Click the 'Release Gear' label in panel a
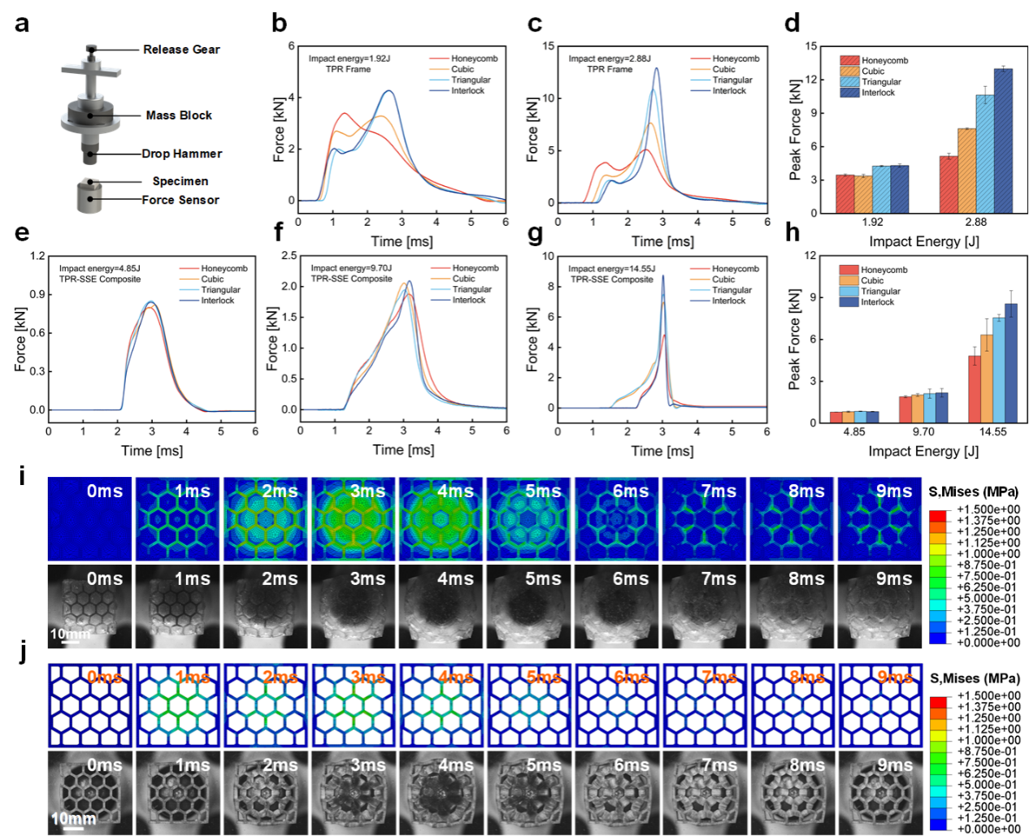click(x=181, y=50)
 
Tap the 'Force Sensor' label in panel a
click(x=180, y=200)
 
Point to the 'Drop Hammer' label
click(x=182, y=154)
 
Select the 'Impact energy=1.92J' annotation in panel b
click(x=350, y=58)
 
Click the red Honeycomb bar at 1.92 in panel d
click(x=845, y=193)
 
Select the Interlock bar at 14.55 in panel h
click(x=1010, y=362)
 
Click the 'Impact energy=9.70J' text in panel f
click(x=351, y=268)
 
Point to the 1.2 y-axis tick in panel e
click(x=37, y=256)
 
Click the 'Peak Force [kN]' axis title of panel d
click(x=795, y=130)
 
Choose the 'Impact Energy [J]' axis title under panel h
click(x=923, y=451)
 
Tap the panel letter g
click(x=535, y=233)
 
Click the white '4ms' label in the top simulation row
click(x=455, y=492)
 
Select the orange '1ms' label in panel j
click(x=193, y=678)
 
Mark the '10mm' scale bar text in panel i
click(x=70, y=633)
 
